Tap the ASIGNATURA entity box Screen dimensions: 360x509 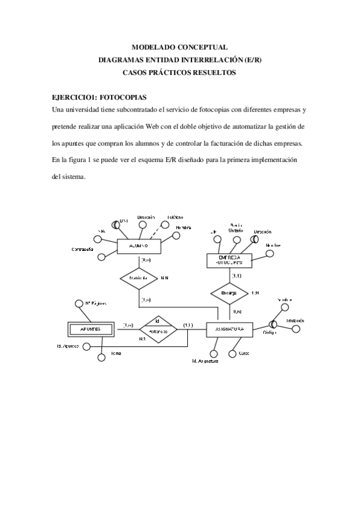click(x=229, y=329)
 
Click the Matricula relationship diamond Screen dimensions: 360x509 click(x=139, y=279)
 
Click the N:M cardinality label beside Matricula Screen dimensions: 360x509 click(x=164, y=279)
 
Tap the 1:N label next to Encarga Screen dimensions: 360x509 click(x=256, y=292)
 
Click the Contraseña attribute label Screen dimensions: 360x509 click(x=82, y=249)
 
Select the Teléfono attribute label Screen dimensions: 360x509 click(x=175, y=217)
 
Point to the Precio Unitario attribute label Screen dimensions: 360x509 click(x=236, y=227)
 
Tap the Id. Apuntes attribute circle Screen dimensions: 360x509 click(x=87, y=346)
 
